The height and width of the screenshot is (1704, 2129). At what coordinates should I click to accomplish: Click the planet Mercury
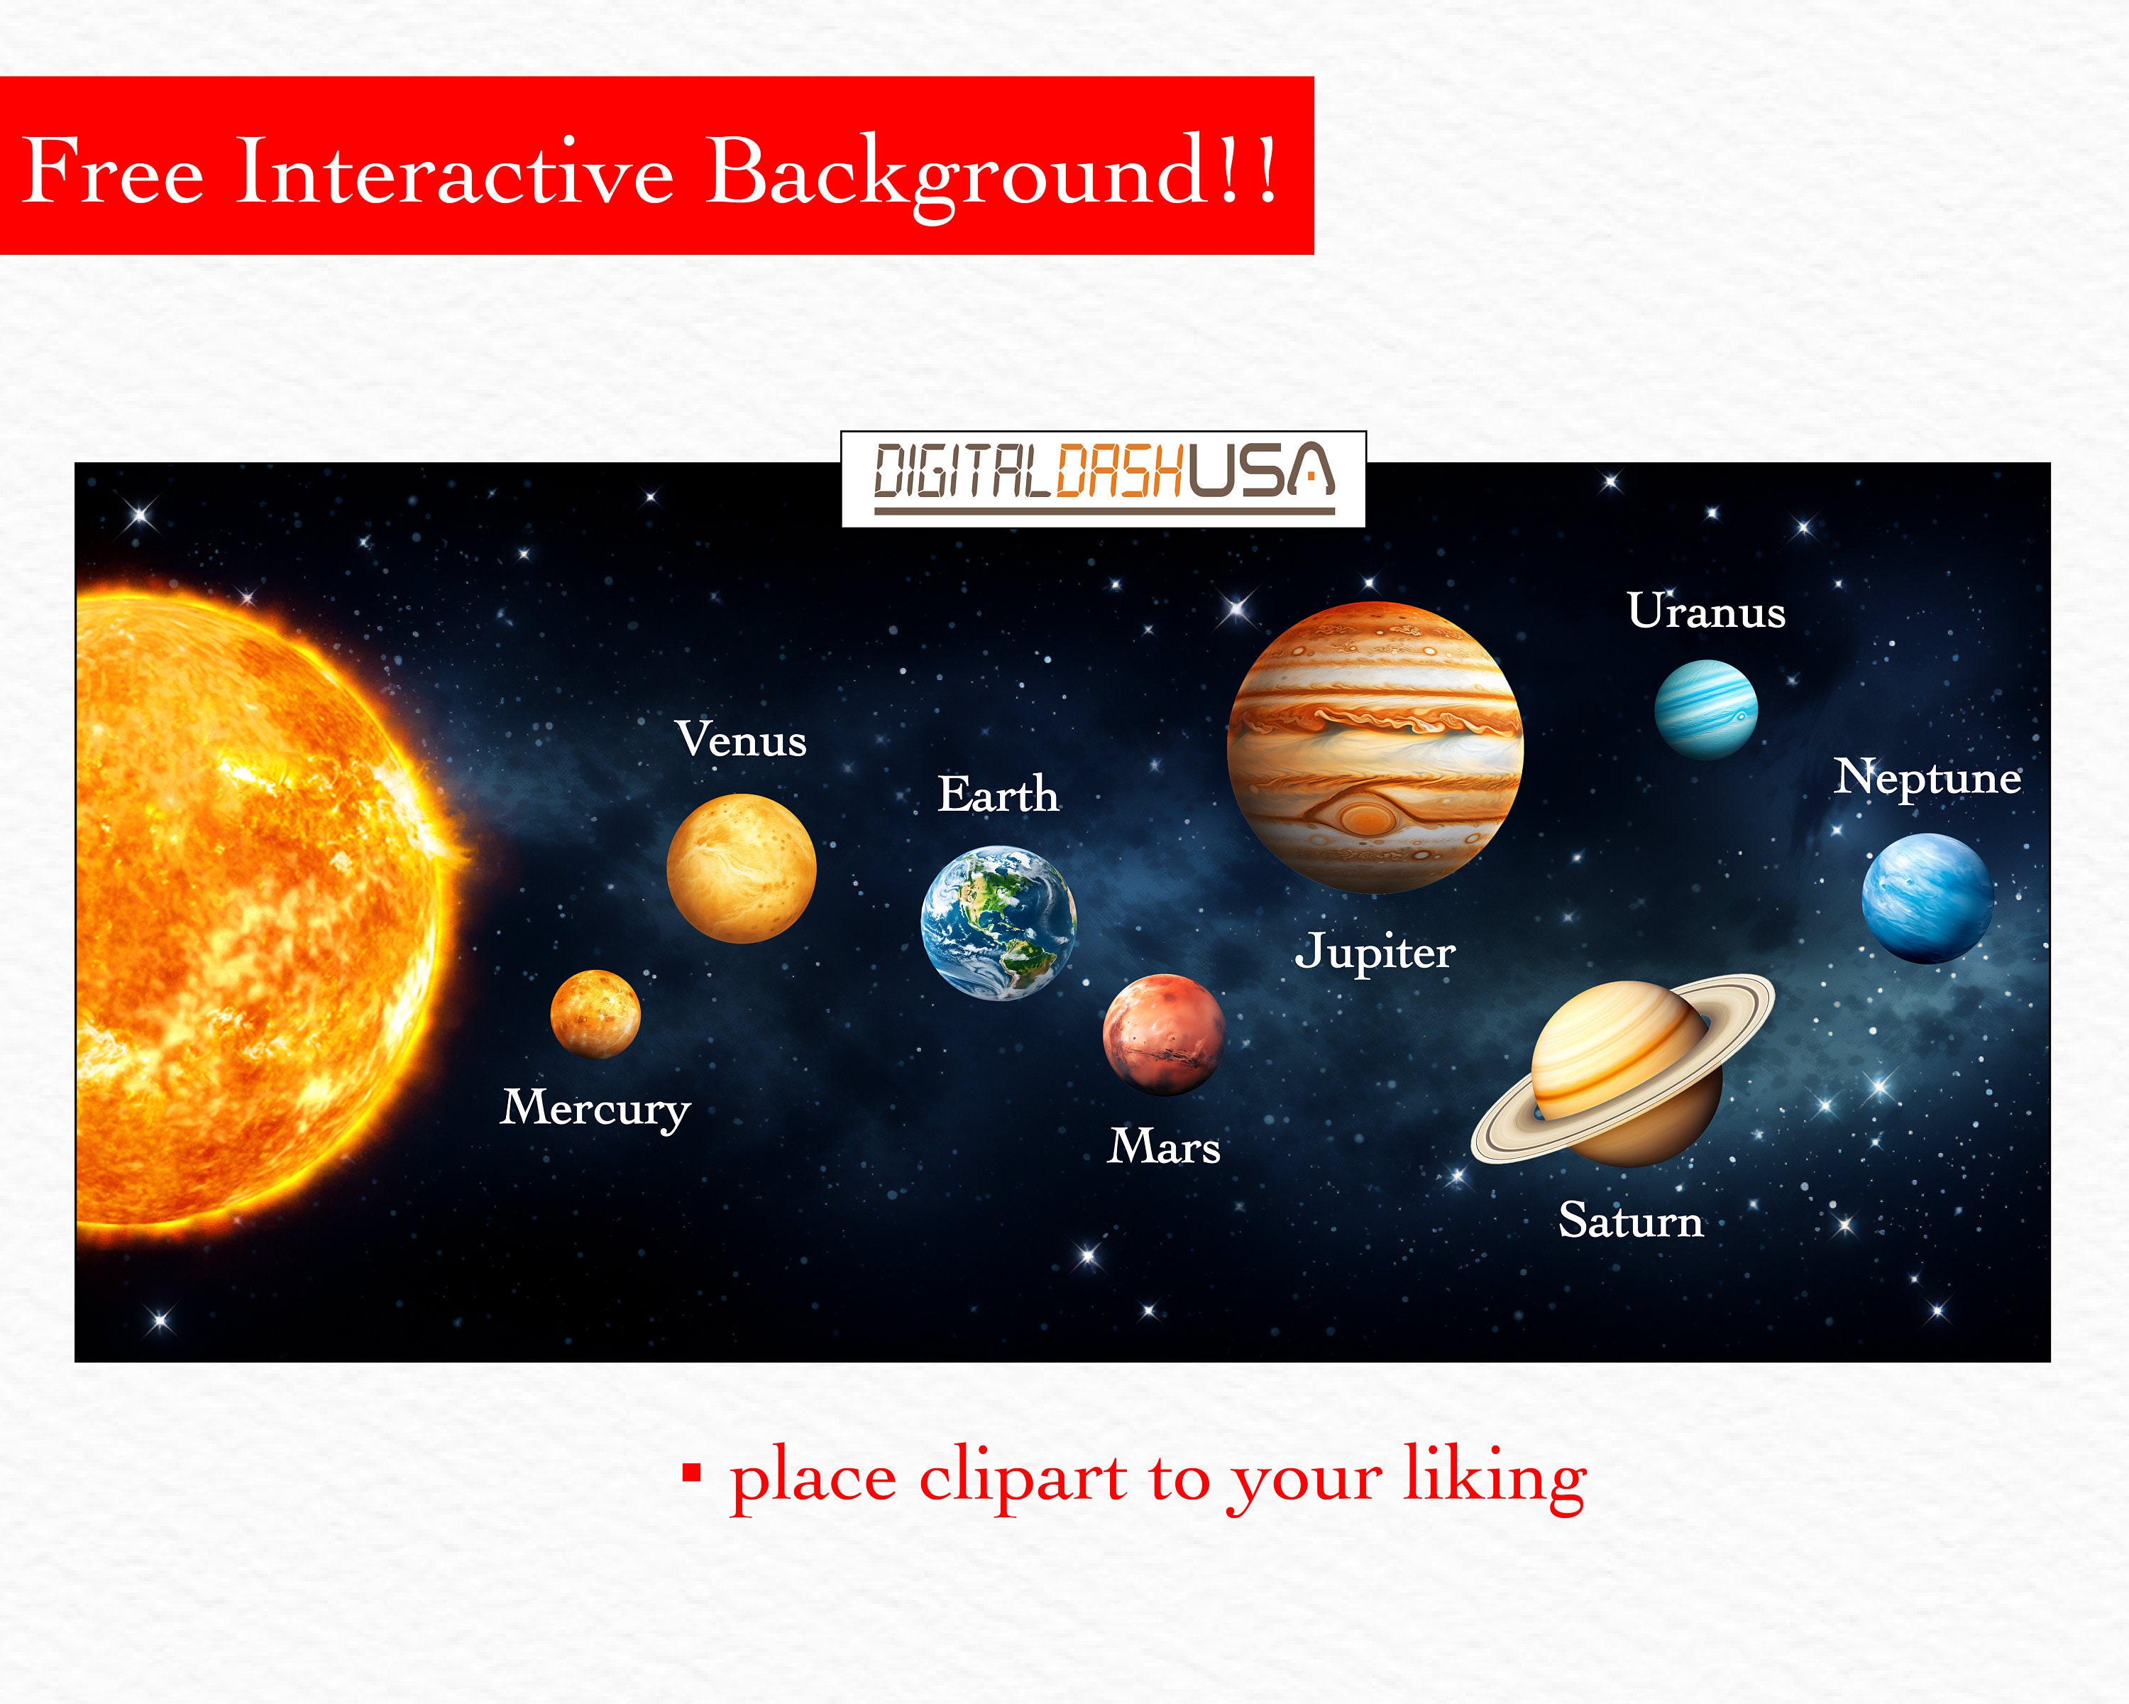click(595, 1013)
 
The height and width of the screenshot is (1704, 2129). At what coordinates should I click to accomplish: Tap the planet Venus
click(742, 868)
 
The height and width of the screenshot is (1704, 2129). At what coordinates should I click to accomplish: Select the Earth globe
click(999, 922)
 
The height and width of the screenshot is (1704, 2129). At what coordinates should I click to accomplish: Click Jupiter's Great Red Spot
click(1365, 816)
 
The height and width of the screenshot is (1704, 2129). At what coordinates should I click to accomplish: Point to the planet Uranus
click(1705, 709)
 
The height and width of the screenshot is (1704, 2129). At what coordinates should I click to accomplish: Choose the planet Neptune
click(1927, 898)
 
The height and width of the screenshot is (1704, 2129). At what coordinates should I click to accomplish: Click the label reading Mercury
click(595, 1108)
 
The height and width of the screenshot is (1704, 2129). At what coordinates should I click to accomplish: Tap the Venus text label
click(741, 740)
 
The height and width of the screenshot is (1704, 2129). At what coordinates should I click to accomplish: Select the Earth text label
click(999, 795)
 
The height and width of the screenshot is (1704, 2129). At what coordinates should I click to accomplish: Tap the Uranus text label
click(1706, 611)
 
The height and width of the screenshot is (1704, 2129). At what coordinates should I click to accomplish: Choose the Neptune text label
click(1927, 777)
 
